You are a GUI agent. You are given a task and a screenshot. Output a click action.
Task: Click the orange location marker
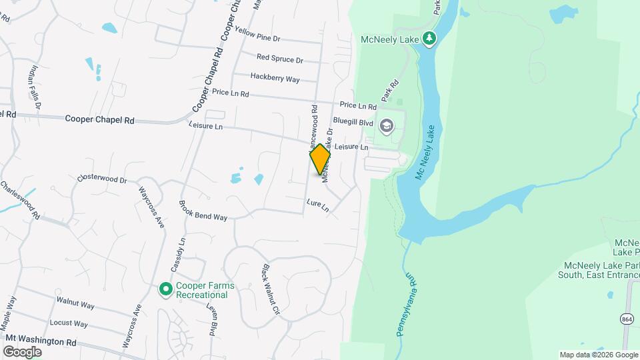320,159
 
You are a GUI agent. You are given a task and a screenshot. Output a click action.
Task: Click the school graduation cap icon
386,125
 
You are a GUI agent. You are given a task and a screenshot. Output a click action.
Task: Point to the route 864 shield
627,318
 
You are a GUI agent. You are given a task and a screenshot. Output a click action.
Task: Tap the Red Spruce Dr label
279,59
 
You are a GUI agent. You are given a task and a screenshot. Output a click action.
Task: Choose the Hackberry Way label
275,78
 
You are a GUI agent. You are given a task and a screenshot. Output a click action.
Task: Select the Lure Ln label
318,205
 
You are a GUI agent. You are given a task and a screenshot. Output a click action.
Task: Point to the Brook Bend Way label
203,211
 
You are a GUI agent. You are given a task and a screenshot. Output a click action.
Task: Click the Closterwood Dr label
101,179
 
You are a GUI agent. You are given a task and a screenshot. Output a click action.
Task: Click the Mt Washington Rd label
39,340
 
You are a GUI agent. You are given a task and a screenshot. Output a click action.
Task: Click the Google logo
23,351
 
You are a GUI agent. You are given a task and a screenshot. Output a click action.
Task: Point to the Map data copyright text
597,355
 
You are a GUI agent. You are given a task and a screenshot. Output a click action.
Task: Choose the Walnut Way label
75,303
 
